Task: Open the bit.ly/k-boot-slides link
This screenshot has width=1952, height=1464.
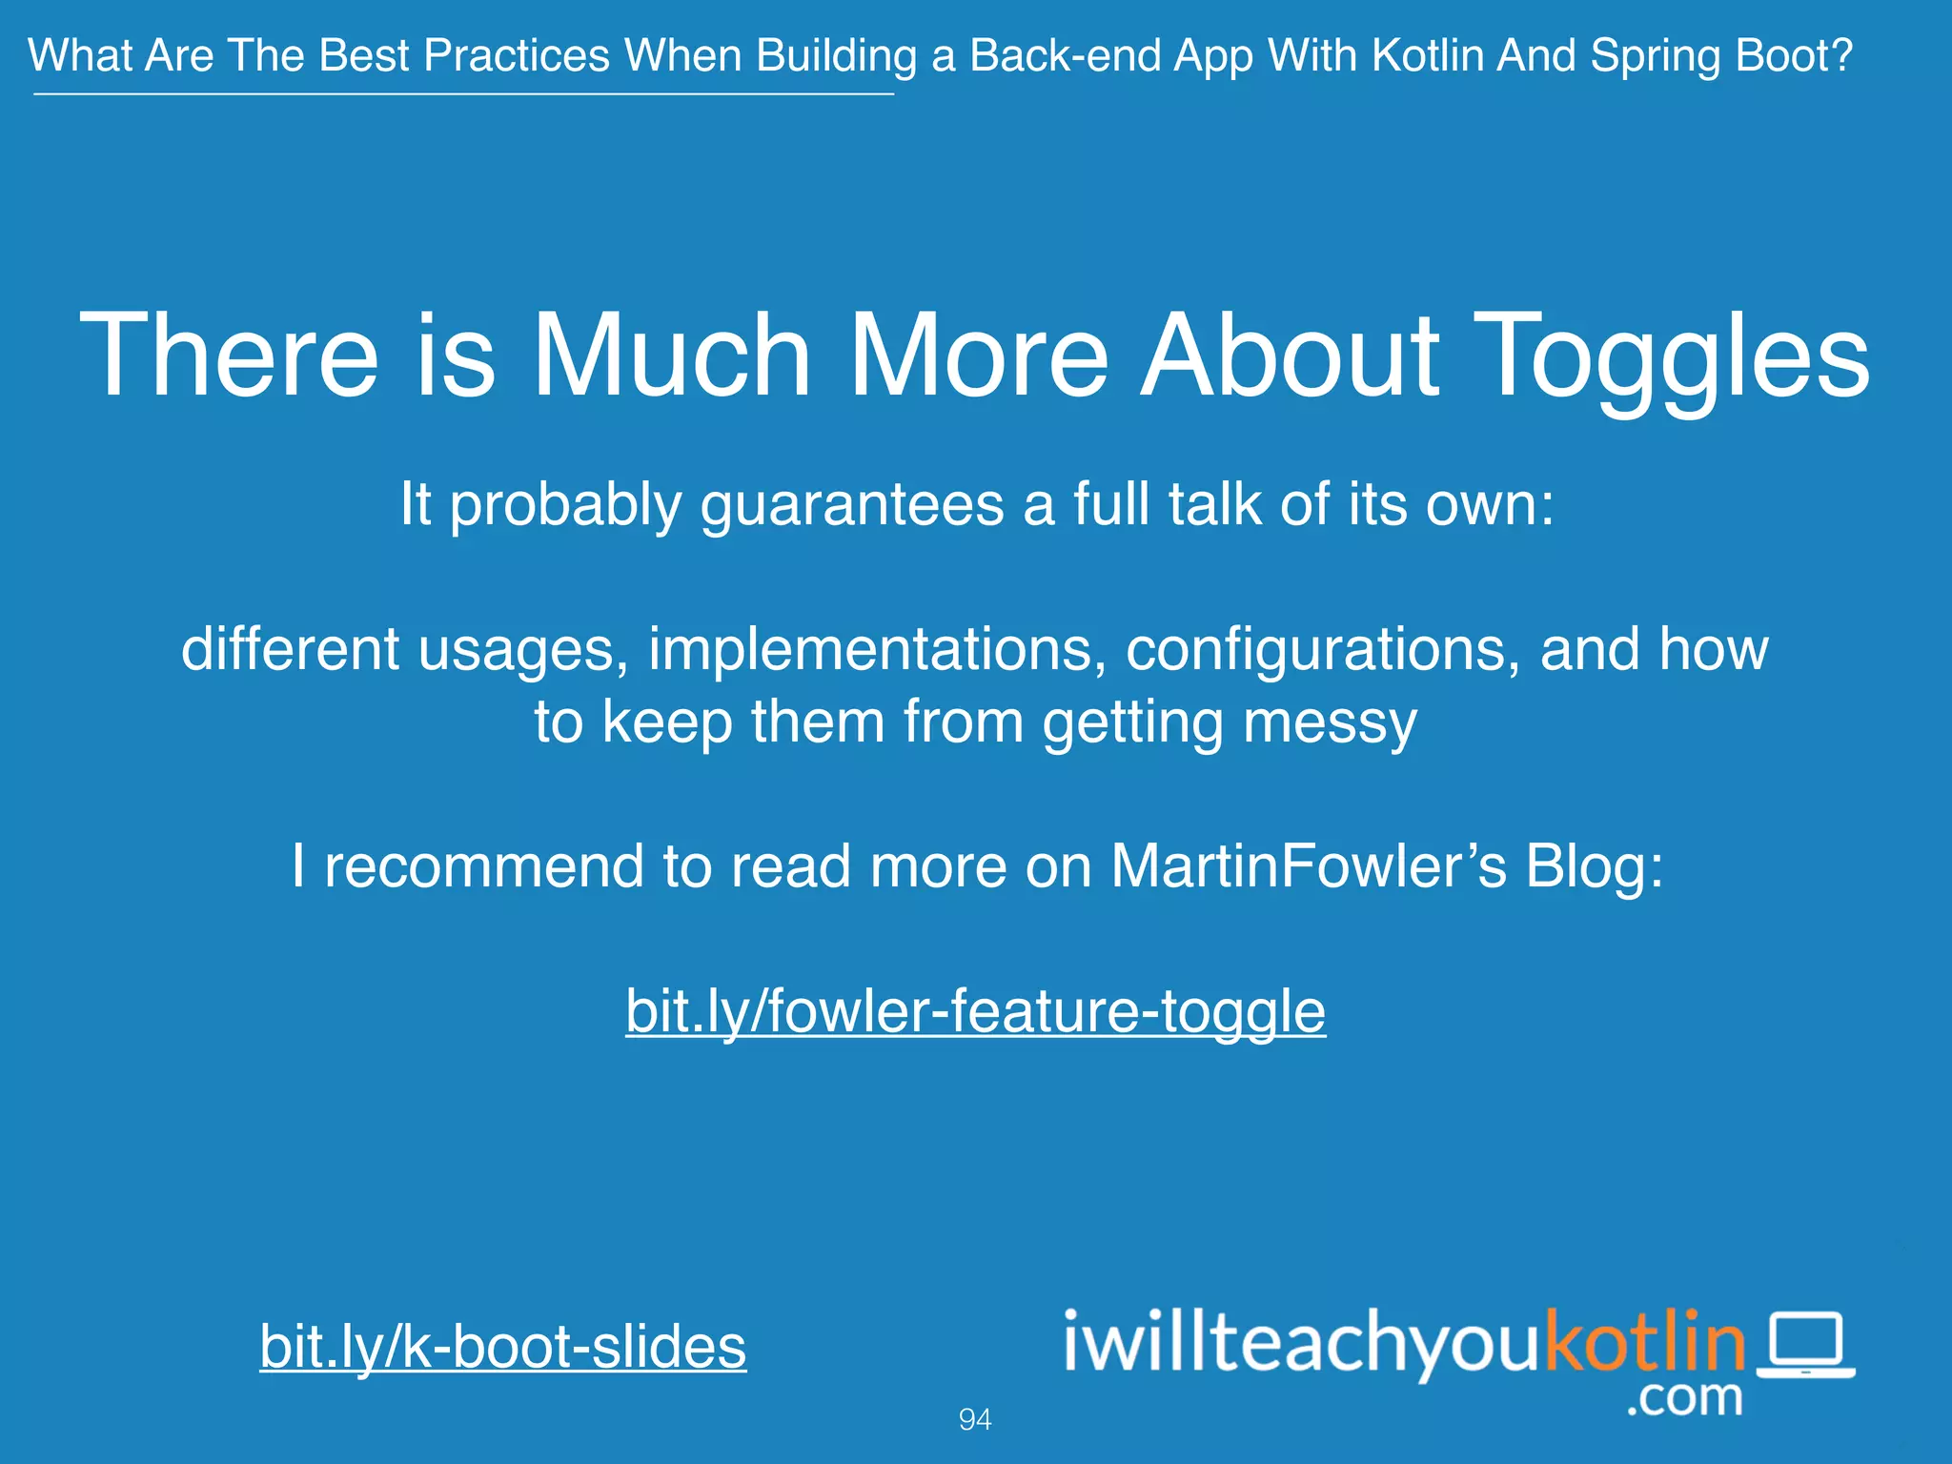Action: (502, 1346)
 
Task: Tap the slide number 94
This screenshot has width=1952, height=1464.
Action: (974, 1419)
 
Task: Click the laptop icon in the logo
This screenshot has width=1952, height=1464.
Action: (1805, 1345)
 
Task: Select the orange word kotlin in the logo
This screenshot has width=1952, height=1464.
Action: (1644, 1342)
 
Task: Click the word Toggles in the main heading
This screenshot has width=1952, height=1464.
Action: (1672, 355)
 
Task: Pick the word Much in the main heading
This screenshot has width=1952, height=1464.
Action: (671, 355)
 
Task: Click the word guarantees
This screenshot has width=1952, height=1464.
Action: (852, 504)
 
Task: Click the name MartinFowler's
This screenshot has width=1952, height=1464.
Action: (1309, 866)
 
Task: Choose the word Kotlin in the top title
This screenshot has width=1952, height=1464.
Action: (1427, 55)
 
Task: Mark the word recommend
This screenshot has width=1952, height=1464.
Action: (483, 866)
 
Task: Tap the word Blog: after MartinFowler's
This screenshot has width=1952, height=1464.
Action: (1594, 866)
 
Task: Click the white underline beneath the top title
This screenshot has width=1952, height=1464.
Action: (463, 94)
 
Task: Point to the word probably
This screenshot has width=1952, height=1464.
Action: (565, 504)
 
